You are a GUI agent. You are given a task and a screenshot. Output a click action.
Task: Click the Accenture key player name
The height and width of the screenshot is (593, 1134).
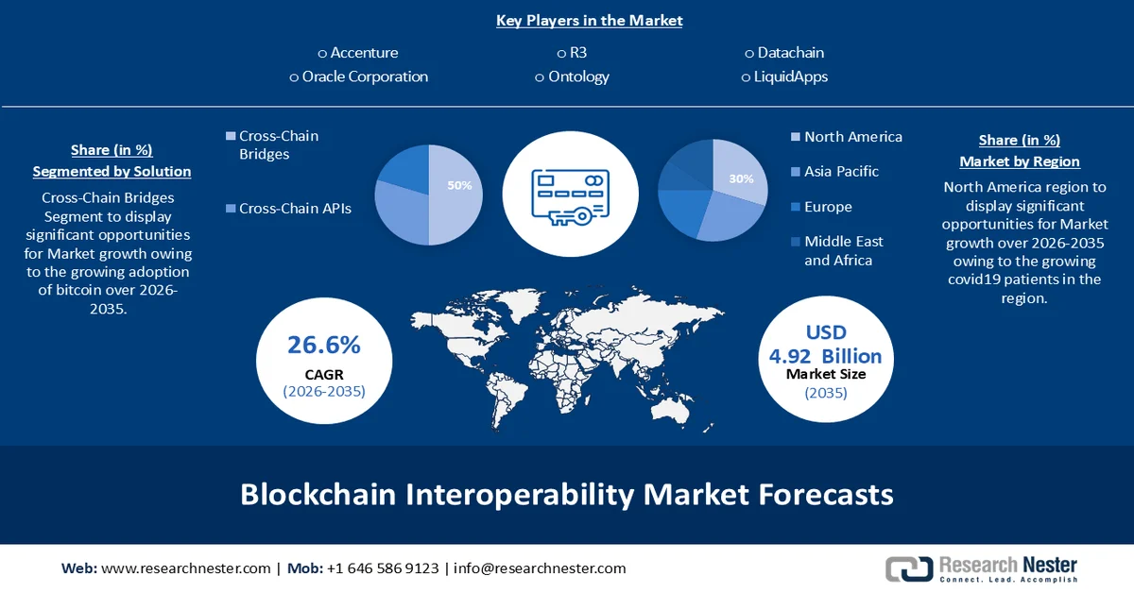(x=364, y=53)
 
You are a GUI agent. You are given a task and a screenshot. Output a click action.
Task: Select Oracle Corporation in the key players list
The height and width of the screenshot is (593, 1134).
(x=365, y=76)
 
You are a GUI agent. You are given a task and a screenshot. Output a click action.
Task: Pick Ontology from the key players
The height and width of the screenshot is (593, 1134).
(x=578, y=76)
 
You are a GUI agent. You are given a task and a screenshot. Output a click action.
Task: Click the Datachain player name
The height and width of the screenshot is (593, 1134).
(x=790, y=53)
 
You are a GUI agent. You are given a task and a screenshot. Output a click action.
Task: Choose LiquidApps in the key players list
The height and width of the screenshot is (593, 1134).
(x=790, y=76)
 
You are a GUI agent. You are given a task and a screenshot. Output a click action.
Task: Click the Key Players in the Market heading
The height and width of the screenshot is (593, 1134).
(x=589, y=20)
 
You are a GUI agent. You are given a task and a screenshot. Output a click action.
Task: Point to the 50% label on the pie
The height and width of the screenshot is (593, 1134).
(x=459, y=185)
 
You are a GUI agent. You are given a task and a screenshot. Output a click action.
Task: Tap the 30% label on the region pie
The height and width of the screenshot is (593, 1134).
(x=742, y=178)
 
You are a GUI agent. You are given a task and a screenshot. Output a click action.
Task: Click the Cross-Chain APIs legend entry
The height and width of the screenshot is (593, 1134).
(x=295, y=208)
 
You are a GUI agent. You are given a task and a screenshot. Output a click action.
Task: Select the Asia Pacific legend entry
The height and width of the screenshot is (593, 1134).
(x=841, y=171)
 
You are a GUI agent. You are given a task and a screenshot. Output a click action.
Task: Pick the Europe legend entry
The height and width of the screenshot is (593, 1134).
(x=828, y=207)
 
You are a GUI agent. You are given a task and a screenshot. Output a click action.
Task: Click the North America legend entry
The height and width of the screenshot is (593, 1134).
(x=852, y=137)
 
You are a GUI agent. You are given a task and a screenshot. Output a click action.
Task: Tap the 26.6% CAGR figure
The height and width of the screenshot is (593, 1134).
(x=324, y=346)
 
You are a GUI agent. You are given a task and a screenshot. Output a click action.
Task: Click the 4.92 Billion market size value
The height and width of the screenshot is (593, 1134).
(x=825, y=356)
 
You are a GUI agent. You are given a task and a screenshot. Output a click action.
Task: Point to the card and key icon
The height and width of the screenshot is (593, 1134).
(x=570, y=195)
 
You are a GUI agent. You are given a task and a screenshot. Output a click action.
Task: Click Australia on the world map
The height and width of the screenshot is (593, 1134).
(x=674, y=407)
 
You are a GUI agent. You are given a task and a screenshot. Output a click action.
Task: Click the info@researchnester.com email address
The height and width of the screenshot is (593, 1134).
(x=540, y=568)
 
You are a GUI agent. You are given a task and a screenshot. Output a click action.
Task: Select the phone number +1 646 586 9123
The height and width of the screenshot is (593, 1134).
(x=382, y=568)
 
